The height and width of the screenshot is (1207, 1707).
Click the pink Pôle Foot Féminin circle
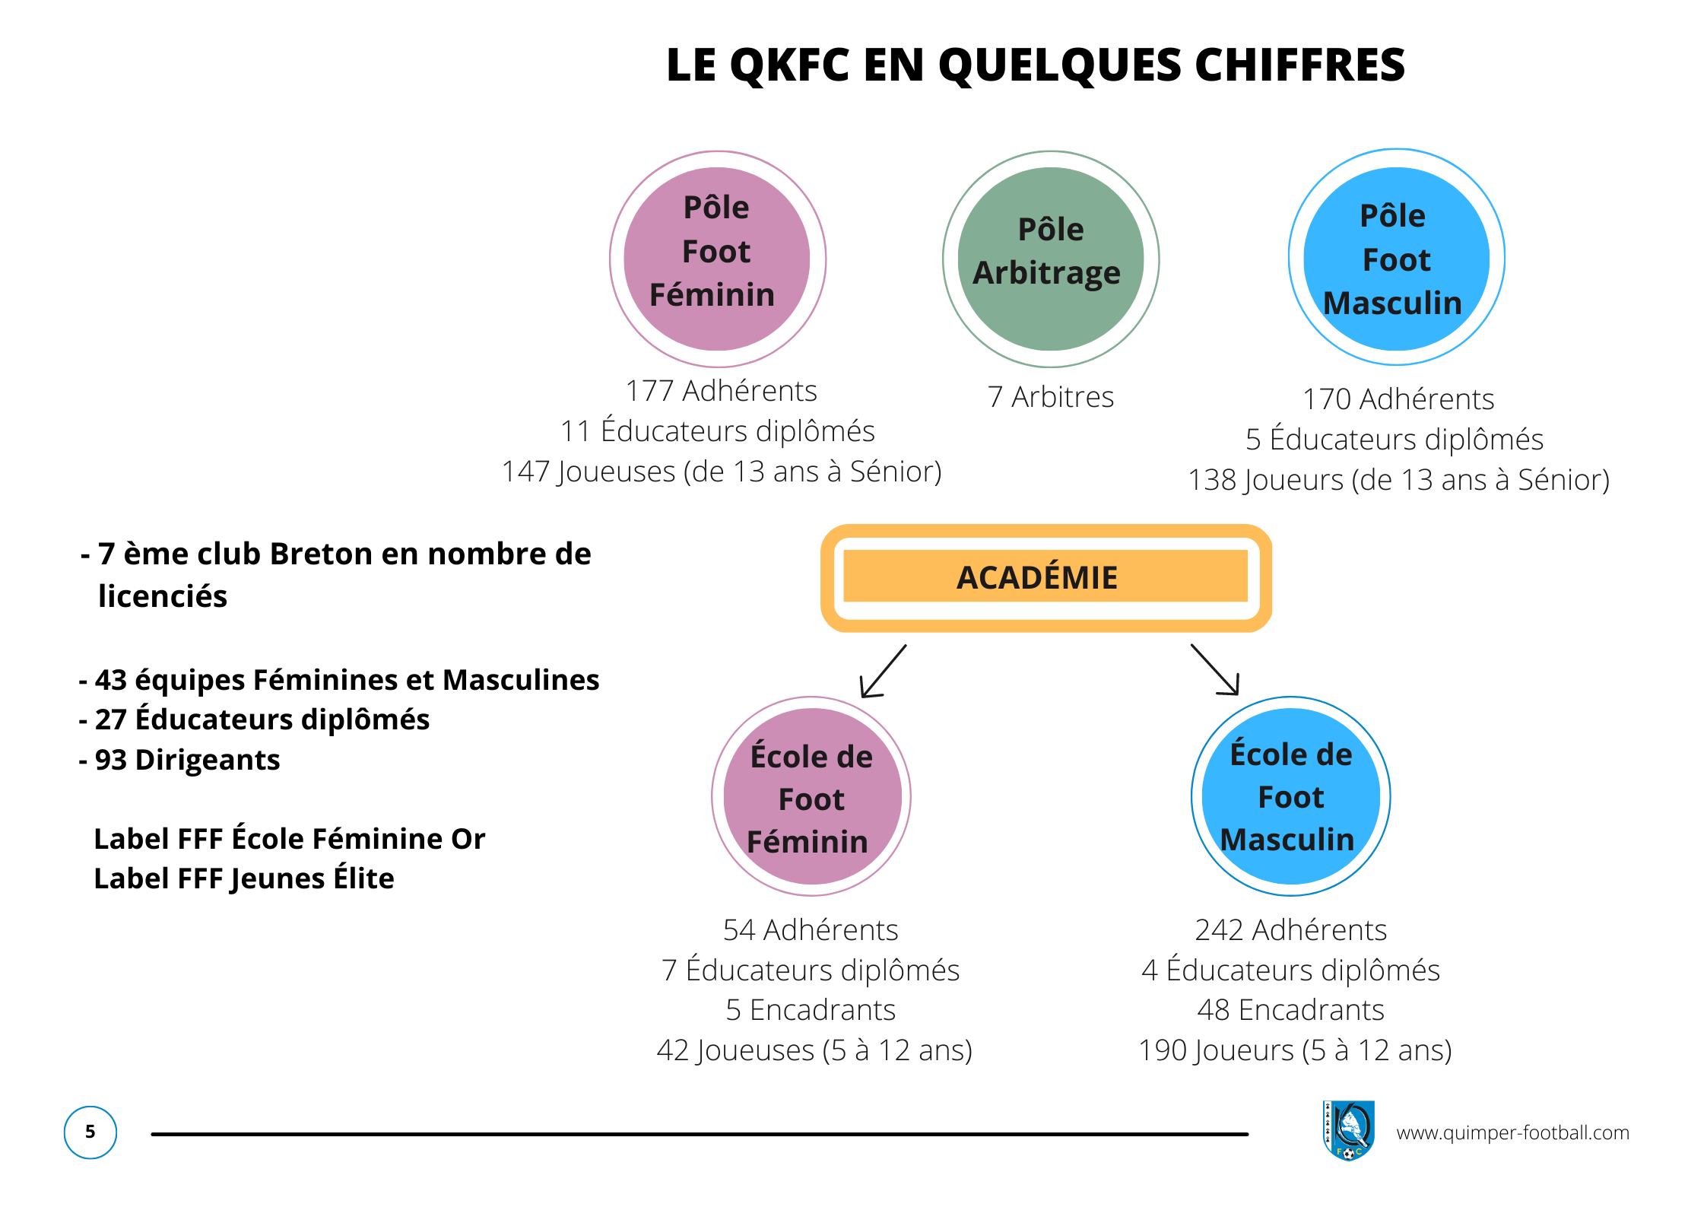click(x=717, y=259)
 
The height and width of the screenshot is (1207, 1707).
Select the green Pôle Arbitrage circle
click(x=1051, y=259)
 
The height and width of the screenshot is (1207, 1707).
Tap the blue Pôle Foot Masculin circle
click(x=1396, y=258)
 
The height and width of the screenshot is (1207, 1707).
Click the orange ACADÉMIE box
click(x=1045, y=578)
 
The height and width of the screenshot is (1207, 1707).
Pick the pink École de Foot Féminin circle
click(x=811, y=796)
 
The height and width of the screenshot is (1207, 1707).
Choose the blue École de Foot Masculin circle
click(x=1290, y=796)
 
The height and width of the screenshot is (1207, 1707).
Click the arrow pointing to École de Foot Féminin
click(x=883, y=672)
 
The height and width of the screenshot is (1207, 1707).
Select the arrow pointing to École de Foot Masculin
click(x=1215, y=670)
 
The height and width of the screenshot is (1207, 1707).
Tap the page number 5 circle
click(x=90, y=1132)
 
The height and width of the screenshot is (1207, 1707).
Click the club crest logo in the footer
click(x=1348, y=1130)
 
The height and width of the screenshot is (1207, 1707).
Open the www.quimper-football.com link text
click(x=1512, y=1132)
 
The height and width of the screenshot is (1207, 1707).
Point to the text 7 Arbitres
click(x=1051, y=397)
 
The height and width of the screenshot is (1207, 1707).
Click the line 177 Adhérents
click(x=721, y=391)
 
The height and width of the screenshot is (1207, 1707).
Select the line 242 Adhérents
click(x=1290, y=930)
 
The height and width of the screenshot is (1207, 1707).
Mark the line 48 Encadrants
click(x=1290, y=1010)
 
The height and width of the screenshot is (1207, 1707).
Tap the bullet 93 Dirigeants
click(x=179, y=760)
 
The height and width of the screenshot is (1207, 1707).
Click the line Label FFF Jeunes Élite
click(x=244, y=878)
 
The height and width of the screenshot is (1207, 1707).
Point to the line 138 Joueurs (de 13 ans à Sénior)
click(x=1399, y=480)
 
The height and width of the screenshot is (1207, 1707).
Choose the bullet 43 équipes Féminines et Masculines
click(x=339, y=680)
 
